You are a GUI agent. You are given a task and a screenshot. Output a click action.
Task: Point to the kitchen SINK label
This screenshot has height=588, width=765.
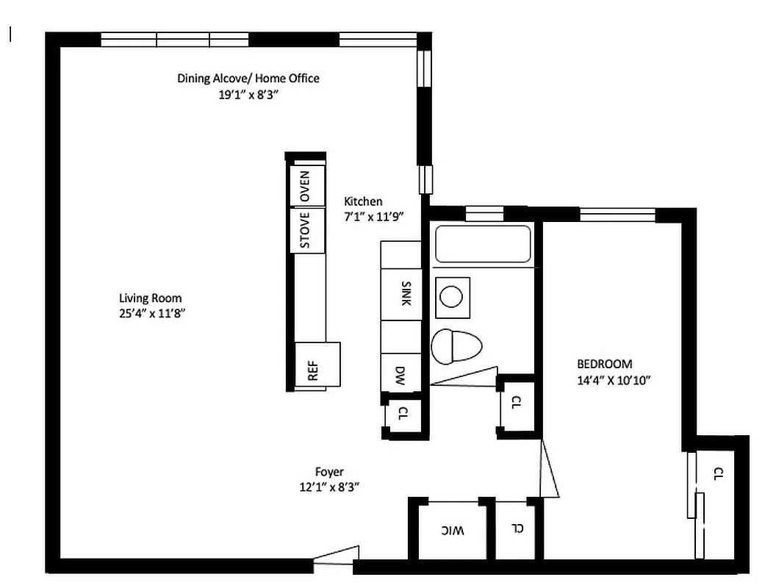pos(406,293)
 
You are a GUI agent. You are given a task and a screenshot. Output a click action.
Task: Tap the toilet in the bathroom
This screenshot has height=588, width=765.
pos(455,346)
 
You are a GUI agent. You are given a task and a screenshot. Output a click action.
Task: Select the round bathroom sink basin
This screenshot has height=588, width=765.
pos(451,297)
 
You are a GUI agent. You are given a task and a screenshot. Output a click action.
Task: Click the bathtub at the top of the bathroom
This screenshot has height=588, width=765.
pos(483,244)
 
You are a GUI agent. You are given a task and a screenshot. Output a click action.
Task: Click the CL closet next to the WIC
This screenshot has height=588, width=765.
pos(518,528)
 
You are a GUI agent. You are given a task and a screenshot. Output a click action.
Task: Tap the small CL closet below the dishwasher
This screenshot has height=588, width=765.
pos(403,415)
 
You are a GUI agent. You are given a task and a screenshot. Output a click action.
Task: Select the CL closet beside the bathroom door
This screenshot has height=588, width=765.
pos(517,403)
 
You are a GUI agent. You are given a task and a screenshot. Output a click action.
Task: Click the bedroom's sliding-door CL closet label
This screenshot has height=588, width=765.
pos(719,474)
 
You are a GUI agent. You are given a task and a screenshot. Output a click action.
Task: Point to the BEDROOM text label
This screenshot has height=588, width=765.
pos(604,364)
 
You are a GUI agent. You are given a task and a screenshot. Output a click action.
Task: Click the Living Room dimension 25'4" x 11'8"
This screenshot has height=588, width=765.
pos(151,313)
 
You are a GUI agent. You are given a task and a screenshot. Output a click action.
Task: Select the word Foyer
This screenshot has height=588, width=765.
pos(329,472)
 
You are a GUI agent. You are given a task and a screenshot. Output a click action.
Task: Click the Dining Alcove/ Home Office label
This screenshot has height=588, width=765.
pos(248,78)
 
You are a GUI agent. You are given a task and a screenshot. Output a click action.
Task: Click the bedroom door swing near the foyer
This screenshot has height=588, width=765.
pos(549,470)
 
